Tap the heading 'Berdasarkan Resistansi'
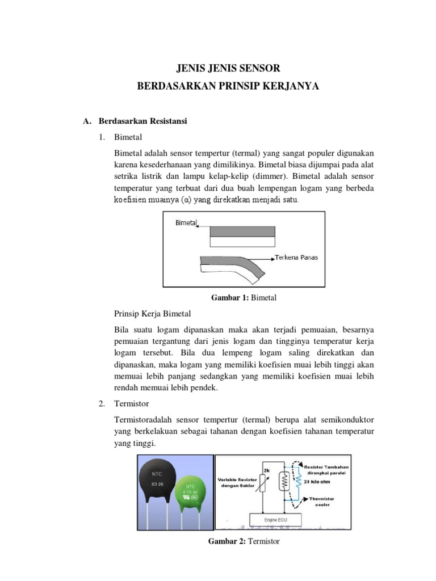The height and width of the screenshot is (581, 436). pyautogui.click(x=142, y=121)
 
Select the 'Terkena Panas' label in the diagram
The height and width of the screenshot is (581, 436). pyautogui.click(x=297, y=257)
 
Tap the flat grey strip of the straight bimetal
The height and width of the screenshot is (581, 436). pyautogui.click(x=243, y=231)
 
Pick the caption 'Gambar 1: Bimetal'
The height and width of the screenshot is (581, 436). pyautogui.click(x=244, y=298)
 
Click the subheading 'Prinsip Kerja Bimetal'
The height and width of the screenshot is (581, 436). pyautogui.click(x=153, y=313)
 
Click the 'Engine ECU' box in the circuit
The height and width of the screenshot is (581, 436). pyautogui.click(x=276, y=520)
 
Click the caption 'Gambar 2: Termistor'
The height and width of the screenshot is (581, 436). pyautogui.click(x=244, y=541)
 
